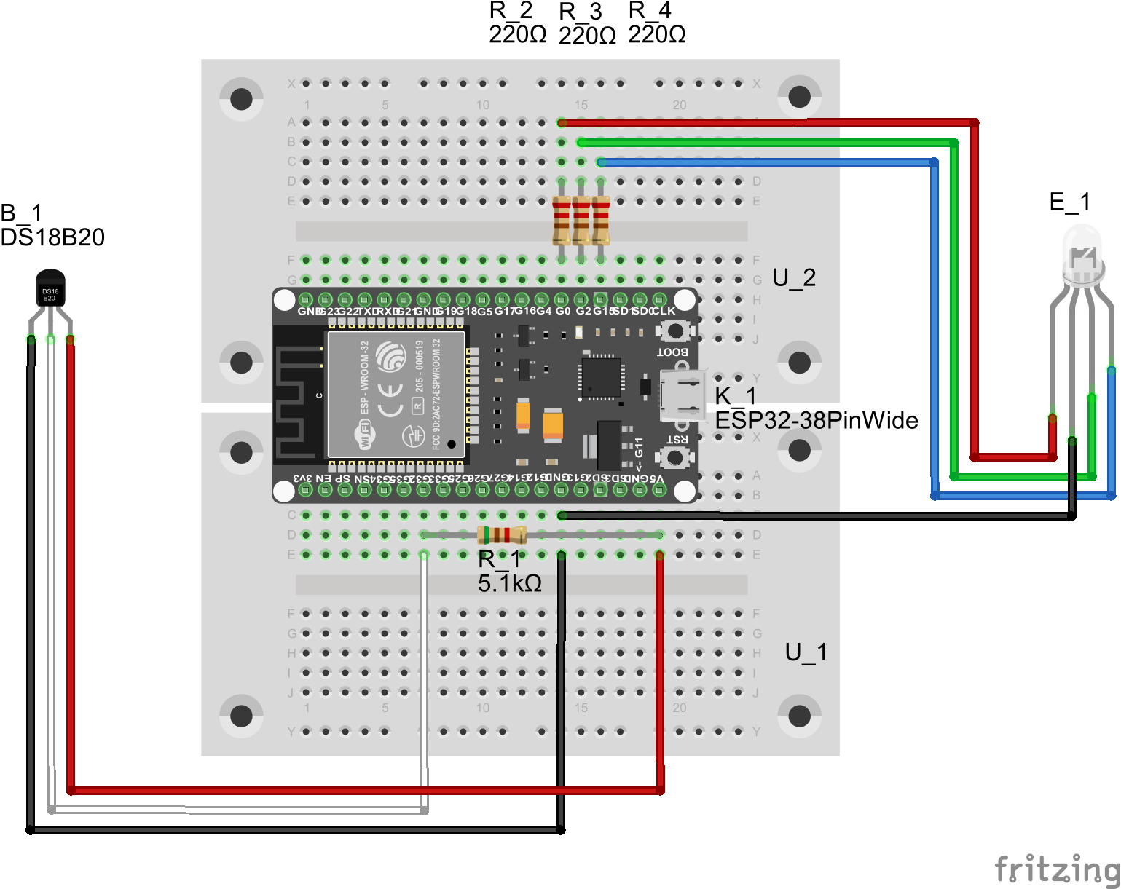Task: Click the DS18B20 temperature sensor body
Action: coord(50,290)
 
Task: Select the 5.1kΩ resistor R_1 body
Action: coord(502,535)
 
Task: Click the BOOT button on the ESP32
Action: coord(675,331)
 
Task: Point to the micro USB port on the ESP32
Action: coord(683,395)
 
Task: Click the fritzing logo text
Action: coord(1056,869)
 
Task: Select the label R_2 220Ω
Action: coord(517,23)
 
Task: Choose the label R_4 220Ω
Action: coord(656,23)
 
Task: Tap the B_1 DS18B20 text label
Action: coord(52,225)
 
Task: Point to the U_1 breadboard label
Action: coord(806,652)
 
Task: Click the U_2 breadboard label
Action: coord(793,277)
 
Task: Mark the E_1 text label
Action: coord(1069,202)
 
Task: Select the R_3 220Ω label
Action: coord(587,23)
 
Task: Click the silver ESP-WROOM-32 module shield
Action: coord(396,394)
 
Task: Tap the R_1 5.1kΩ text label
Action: coord(509,572)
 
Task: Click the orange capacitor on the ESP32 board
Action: coord(553,424)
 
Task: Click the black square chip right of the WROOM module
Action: coord(601,376)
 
